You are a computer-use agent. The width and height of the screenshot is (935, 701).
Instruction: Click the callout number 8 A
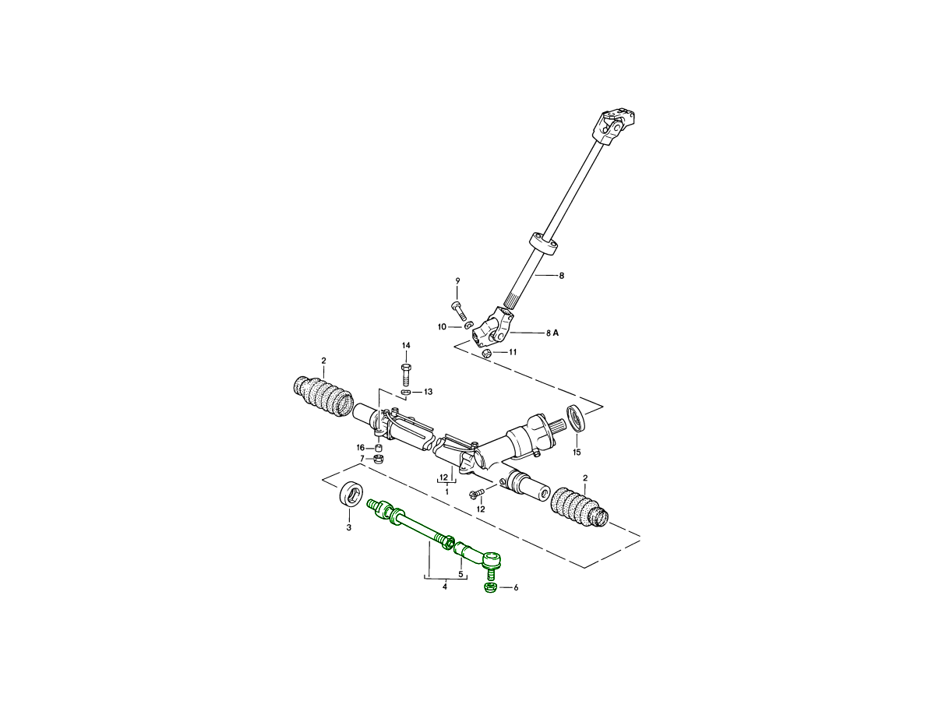552,333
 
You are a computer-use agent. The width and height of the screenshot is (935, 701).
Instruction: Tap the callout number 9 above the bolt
457,281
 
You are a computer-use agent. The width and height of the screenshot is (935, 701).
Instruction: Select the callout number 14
406,345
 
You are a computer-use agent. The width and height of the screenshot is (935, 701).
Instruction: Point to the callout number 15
577,453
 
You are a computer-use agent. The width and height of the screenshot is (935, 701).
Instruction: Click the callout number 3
349,528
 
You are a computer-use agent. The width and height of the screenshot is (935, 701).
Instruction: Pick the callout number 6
517,588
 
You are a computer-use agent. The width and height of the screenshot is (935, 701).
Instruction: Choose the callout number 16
361,448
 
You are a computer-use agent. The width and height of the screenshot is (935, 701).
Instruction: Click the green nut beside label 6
491,588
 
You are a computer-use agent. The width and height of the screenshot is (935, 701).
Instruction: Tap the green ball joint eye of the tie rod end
491,559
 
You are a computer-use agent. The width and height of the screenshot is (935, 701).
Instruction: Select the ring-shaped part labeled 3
351,495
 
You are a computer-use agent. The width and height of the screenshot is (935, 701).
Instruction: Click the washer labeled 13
406,392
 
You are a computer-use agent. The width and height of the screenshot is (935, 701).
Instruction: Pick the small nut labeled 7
378,459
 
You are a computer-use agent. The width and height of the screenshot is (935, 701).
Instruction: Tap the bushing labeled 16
378,448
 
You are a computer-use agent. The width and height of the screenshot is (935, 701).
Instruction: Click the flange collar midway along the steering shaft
544,244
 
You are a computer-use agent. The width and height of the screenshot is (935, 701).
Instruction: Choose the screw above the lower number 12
476,493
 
